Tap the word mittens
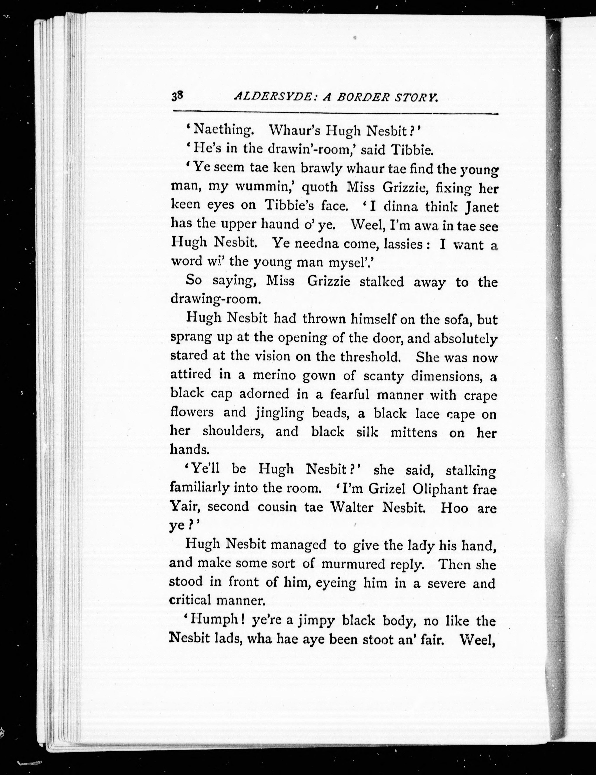[x=414, y=432]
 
